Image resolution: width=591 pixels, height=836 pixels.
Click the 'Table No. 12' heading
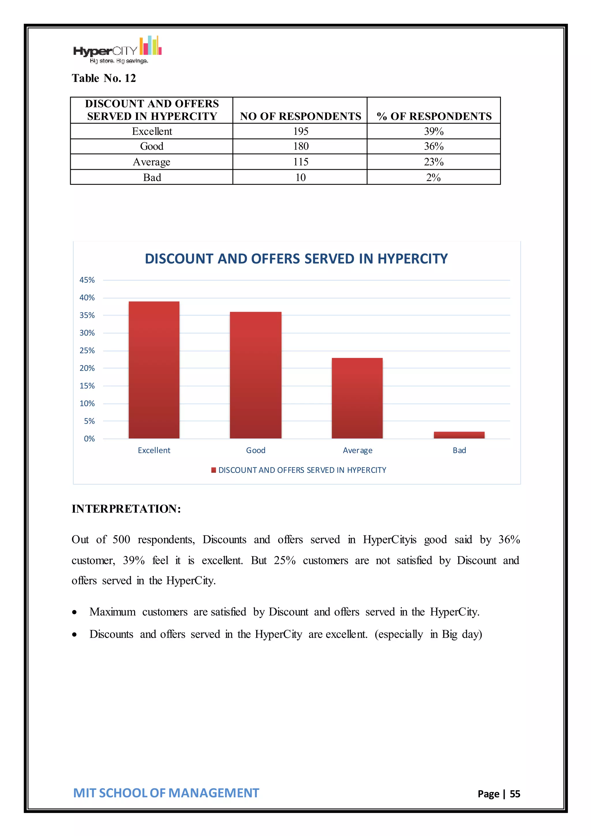click(104, 78)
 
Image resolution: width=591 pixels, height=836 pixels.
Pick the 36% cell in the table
click(433, 146)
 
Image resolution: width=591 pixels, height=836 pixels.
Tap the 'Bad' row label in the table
click(152, 177)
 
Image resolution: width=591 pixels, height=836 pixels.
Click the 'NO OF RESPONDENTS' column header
click(300, 116)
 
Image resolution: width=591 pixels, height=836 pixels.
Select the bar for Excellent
click(154, 370)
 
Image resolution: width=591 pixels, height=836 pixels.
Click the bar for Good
click(255, 375)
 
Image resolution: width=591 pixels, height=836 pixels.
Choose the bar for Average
click(357, 398)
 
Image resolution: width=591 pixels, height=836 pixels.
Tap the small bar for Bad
click(459, 435)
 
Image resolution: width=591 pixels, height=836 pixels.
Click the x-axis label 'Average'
click(357, 450)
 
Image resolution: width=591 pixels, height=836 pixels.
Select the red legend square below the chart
click(214, 470)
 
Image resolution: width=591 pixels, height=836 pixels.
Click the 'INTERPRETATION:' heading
click(126, 509)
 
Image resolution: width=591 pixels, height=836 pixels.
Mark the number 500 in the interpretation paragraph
click(121, 539)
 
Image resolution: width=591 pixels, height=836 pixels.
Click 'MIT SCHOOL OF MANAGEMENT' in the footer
click(166, 793)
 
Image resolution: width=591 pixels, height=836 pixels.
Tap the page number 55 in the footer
click(515, 794)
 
